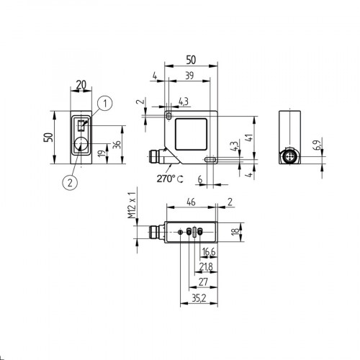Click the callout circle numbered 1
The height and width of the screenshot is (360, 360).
pyautogui.click(x=105, y=104)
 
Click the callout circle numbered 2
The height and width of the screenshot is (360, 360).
pyautogui.click(x=69, y=181)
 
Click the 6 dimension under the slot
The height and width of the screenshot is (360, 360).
pyautogui.click(x=200, y=179)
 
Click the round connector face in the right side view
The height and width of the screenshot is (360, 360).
pyautogui.click(x=292, y=156)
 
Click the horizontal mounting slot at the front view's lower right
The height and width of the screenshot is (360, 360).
pyautogui.click(x=212, y=160)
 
